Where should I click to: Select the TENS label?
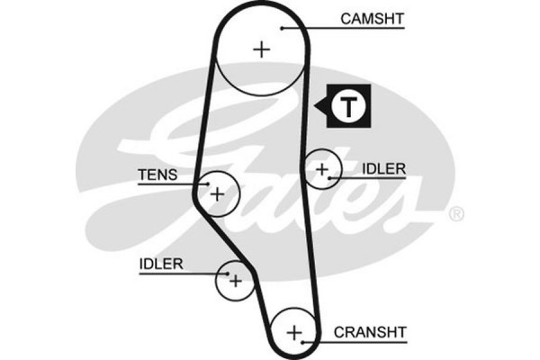coord(157,175)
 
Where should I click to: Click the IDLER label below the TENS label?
coord(161,264)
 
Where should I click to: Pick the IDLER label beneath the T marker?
coord(384,168)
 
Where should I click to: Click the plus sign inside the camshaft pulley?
coord(261,49)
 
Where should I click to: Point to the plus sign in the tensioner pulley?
coord(216,193)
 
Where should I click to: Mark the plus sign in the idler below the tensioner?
coord(236,281)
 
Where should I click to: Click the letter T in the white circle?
coord(346,105)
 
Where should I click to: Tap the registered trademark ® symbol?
coord(456,214)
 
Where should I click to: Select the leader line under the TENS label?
coord(171,184)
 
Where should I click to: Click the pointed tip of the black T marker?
coord(316,106)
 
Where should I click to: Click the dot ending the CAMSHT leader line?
coord(282,27)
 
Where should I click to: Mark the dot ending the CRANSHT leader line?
coord(305,341)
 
